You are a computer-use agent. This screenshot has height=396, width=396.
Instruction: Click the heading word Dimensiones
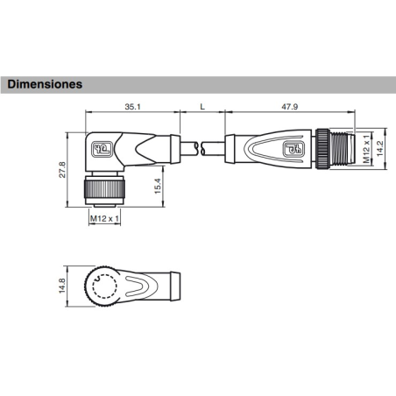[x=45, y=84]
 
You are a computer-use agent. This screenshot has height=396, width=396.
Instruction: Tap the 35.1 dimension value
[x=132, y=107]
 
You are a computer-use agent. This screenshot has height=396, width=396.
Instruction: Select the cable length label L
[x=202, y=107]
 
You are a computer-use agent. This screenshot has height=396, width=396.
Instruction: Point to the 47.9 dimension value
[x=289, y=107]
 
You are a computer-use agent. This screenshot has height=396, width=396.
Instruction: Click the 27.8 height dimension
[x=62, y=170]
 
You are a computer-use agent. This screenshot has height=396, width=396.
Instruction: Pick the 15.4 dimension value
[x=158, y=186]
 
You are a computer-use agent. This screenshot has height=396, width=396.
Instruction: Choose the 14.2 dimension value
[x=379, y=148]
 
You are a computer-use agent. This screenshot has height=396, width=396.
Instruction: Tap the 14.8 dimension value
[x=62, y=286]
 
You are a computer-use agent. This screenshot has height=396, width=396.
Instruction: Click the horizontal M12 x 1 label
[x=104, y=218]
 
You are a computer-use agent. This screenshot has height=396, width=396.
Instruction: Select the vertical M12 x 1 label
[x=366, y=149]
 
